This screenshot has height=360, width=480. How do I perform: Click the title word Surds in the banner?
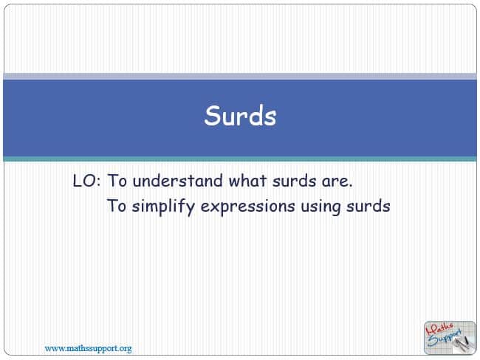coord(240,116)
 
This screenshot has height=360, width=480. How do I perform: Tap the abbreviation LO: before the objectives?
coord(86,181)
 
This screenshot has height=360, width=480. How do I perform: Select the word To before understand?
coord(117,181)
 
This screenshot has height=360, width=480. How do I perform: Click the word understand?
coord(177,181)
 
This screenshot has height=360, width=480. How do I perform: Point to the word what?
coord(247,181)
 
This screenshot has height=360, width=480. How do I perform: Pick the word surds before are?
coord(294,181)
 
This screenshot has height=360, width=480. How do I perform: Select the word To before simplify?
coord(117,206)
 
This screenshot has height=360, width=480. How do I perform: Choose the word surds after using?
coord(368,206)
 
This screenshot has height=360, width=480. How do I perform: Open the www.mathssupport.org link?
coord(88,348)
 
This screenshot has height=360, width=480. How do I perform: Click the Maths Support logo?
coord(450,338)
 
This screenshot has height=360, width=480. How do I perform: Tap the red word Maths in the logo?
coord(440,329)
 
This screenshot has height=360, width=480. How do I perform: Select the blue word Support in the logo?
coord(445,337)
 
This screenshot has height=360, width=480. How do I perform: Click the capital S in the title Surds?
coord(213,116)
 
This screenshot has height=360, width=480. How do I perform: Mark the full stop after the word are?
coord(350,186)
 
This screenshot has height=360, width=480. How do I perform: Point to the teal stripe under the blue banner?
coord(240,159)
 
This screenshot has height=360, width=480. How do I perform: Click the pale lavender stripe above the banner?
coord(240,77)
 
